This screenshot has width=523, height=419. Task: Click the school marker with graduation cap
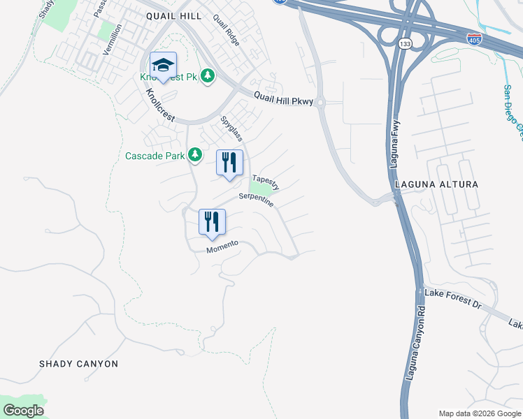point(163,66)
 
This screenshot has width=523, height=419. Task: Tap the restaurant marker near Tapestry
point(229,163)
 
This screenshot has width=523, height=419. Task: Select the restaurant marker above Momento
point(212,222)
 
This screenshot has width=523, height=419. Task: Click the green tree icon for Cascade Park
point(196,154)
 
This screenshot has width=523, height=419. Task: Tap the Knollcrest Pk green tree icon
point(207,75)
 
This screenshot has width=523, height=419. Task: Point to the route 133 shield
point(404,43)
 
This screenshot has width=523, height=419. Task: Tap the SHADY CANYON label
point(78,364)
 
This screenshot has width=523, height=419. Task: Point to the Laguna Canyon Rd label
point(415,342)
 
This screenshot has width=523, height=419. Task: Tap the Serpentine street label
point(256,200)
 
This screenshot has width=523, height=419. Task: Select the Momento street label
point(223,247)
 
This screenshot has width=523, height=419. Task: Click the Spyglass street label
point(231,128)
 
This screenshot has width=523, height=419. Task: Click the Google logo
point(23,411)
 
